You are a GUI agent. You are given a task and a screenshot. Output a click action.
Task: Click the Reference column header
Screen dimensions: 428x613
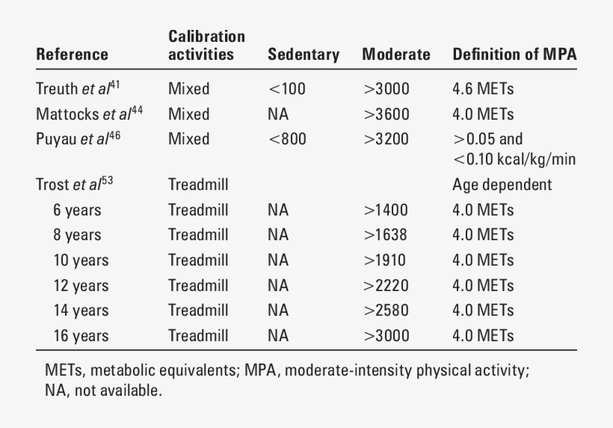point(72,55)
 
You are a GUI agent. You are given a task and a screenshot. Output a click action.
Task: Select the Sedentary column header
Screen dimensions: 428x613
point(304,55)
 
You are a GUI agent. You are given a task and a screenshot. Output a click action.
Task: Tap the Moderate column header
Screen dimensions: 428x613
point(396,55)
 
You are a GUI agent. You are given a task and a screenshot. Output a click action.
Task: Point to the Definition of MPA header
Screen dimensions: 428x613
point(514,55)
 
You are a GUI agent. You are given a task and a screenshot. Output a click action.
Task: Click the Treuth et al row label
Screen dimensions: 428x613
point(78,89)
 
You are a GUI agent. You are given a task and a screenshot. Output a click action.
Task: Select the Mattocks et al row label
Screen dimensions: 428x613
point(90,114)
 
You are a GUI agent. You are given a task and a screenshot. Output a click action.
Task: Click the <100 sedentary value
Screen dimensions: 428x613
point(287,89)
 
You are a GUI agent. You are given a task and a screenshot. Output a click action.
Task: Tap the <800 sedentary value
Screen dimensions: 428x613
point(287,139)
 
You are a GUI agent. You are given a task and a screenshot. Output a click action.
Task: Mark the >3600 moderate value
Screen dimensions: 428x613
point(386,114)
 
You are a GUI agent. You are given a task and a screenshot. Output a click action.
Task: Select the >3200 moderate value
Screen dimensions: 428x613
point(386,139)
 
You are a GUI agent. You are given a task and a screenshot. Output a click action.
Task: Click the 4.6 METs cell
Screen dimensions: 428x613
point(483,89)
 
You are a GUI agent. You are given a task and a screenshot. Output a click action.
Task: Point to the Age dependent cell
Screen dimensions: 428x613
point(502,184)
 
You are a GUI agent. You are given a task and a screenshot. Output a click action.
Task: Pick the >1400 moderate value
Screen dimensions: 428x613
point(386,210)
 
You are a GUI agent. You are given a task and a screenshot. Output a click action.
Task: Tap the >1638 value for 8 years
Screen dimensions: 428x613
point(386,235)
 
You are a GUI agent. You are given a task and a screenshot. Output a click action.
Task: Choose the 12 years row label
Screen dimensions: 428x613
point(81,286)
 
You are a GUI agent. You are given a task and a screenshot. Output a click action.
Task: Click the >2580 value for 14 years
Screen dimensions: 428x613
point(386,311)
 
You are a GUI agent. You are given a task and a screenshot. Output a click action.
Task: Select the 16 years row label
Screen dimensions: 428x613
point(81,336)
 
